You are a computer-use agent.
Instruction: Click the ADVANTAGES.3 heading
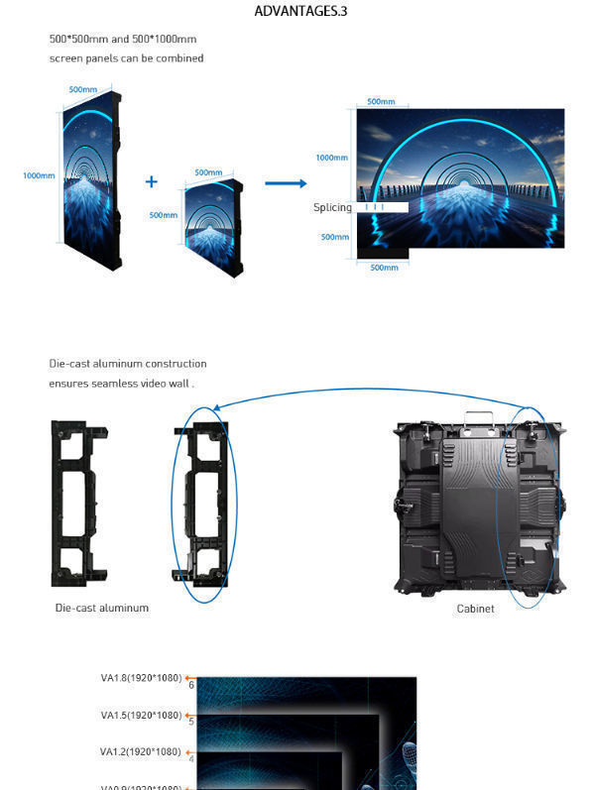[x=300, y=12]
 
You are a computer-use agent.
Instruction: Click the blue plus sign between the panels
[x=152, y=181]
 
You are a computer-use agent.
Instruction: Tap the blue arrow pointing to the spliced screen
[x=286, y=183]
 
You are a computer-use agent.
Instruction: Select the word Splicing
[x=332, y=208]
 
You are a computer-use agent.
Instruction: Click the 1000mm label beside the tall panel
[x=39, y=176]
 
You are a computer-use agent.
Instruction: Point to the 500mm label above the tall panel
[x=82, y=90]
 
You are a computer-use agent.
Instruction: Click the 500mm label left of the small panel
[x=163, y=215]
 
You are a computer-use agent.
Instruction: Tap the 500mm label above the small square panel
[x=208, y=172]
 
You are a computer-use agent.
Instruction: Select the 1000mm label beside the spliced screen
[x=332, y=158]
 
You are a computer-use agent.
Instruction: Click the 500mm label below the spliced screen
[x=383, y=268]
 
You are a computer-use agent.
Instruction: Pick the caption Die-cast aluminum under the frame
[x=101, y=608]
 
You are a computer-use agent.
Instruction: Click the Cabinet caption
[x=475, y=609]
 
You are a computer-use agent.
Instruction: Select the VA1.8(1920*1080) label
[x=141, y=678]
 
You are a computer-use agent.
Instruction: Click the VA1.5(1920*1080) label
[x=141, y=715]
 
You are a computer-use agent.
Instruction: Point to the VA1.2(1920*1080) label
[x=141, y=751]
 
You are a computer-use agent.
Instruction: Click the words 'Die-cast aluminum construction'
[x=128, y=364]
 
